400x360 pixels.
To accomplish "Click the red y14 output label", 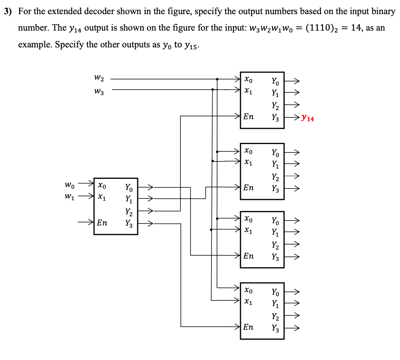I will point(307,118).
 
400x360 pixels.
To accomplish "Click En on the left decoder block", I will point(102,223).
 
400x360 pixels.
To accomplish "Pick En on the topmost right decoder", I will point(248,117).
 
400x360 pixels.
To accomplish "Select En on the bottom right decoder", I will point(248,327).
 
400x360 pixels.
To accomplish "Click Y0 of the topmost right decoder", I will point(275,81).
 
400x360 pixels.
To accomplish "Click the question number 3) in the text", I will point(8,11).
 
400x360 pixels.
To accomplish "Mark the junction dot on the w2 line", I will point(217,79).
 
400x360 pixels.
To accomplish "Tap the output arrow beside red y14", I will point(293,118).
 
